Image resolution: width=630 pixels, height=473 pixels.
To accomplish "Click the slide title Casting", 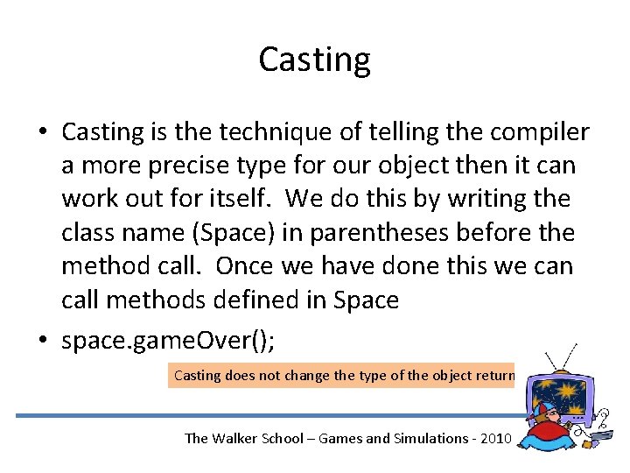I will tap(314, 60).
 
